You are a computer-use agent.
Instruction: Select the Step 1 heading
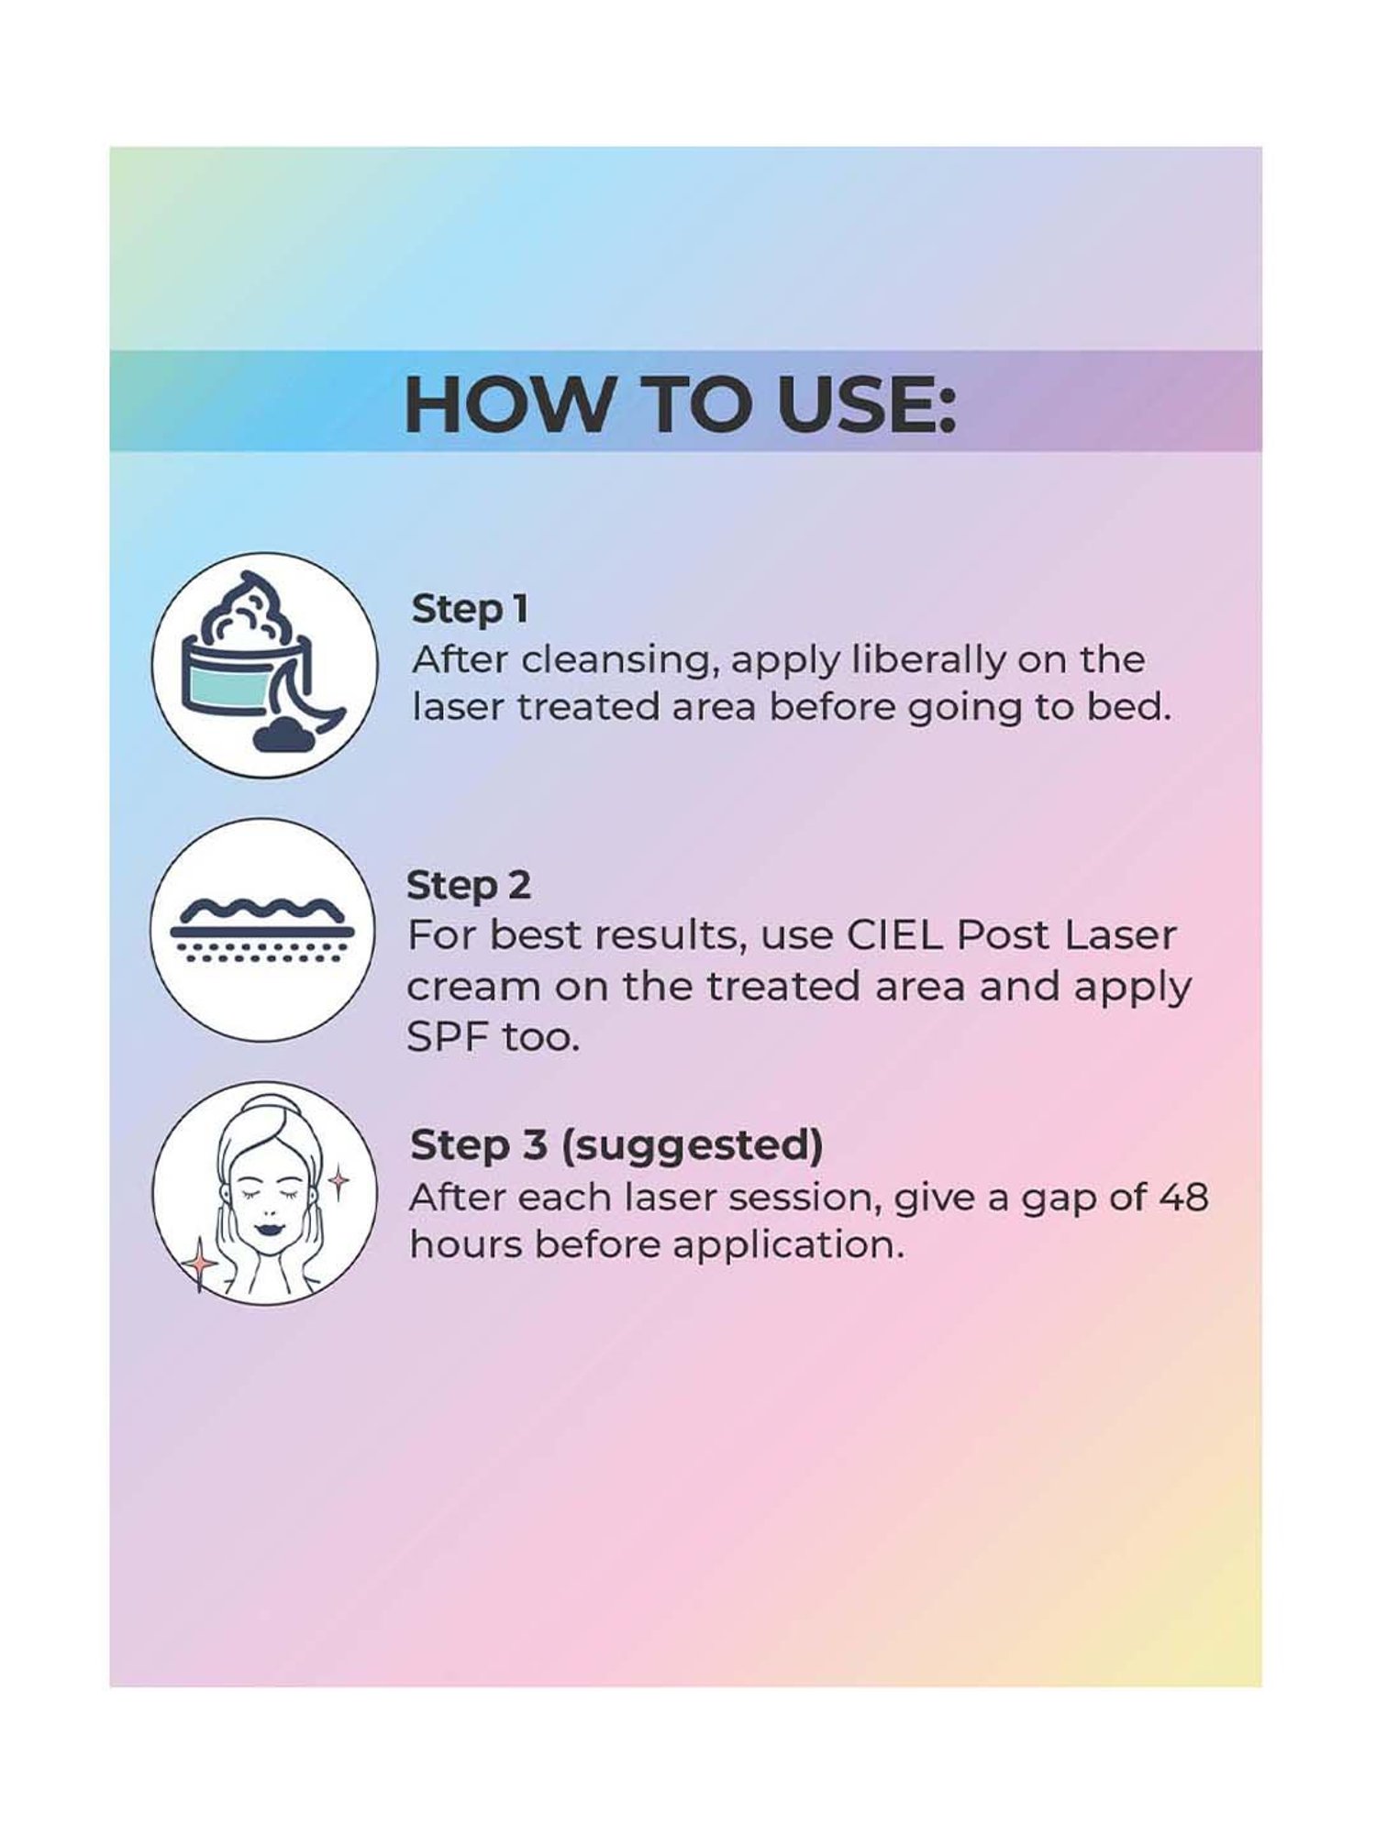(x=470, y=610)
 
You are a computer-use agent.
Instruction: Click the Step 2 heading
(x=469, y=886)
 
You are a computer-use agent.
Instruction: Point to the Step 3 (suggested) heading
(x=616, y=1146)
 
